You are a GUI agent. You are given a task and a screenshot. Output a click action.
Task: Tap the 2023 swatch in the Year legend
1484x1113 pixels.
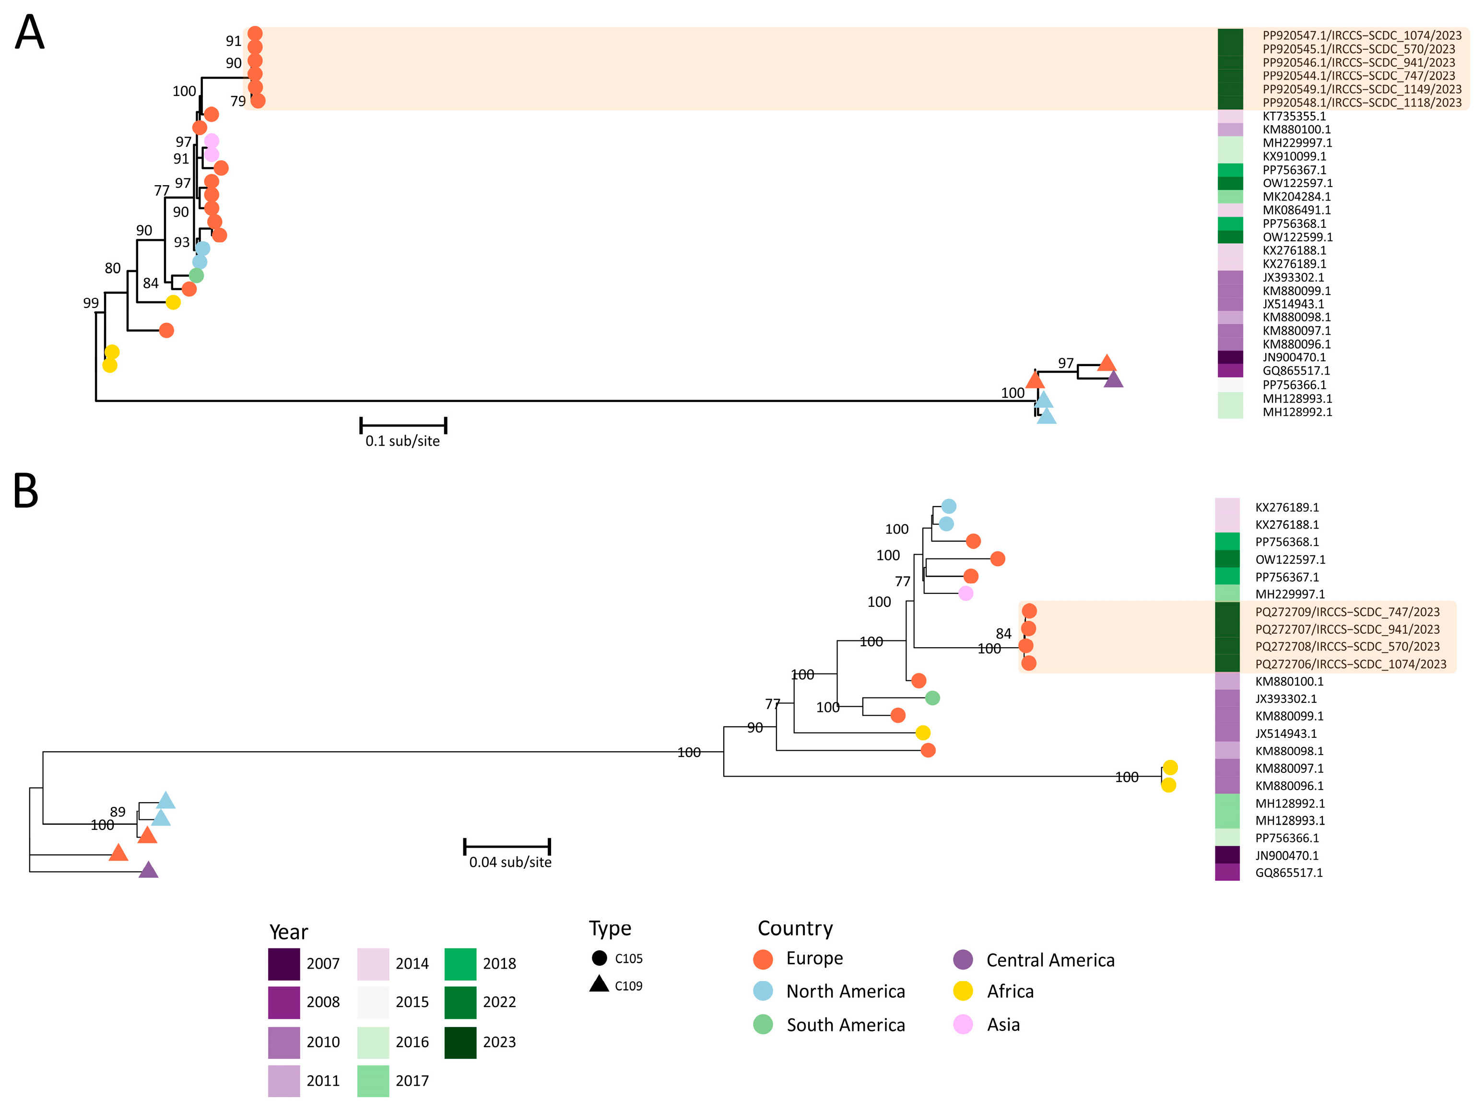click(460, 1042)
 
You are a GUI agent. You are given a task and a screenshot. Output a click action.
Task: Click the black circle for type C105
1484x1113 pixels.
click(599, 958)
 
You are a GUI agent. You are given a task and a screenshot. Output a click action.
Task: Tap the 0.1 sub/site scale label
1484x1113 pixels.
click(402, 441)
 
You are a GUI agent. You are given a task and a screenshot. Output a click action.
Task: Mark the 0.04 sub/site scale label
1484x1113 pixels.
click(510, 862)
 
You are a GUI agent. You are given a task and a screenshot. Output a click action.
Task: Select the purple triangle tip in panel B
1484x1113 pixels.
click(148, 871)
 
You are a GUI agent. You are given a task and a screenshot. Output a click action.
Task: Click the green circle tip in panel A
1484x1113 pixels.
click(196, 275)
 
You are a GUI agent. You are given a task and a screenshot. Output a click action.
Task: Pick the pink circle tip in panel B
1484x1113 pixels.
click(966, 593)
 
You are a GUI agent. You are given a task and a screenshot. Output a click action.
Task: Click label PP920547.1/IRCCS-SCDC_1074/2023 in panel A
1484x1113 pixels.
click(1361, 36)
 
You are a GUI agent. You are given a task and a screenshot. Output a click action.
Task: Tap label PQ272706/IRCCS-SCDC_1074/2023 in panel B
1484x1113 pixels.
click(1351, 664)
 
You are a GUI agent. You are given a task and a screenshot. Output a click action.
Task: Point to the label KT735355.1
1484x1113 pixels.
click(1294, 116)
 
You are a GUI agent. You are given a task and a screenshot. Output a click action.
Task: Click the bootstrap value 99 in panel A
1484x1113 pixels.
click(91, 303)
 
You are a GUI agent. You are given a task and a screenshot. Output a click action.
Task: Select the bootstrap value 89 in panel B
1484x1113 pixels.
click(118, 812)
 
